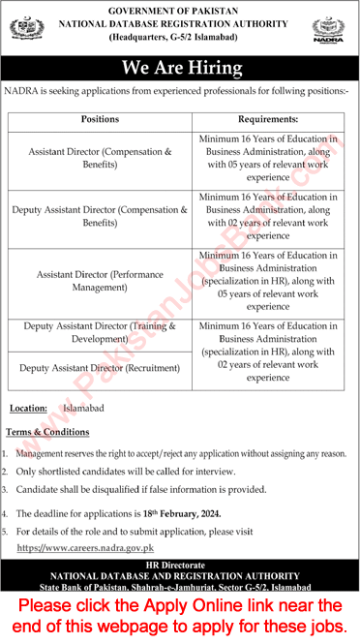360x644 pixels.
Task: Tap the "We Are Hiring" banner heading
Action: (180, 68)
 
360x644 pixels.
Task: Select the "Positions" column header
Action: (101, 119)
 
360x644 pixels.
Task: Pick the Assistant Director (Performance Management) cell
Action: (101, 282)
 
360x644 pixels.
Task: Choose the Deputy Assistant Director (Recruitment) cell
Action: (101, 368)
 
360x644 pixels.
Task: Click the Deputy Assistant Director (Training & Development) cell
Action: (101, 333)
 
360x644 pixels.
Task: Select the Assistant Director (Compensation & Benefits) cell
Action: (101, 158)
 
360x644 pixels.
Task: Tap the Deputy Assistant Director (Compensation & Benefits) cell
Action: (101, 215)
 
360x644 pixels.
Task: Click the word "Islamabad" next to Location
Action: (84, 409)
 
